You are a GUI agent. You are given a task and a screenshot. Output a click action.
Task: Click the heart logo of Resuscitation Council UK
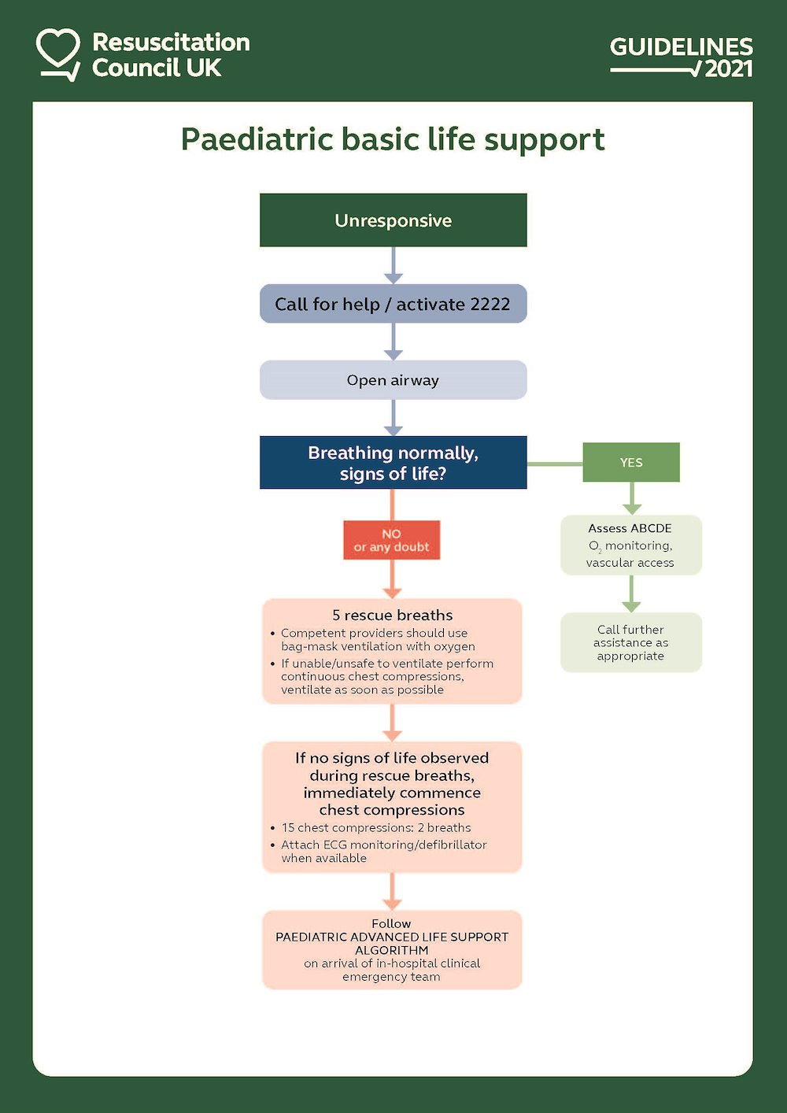(57, 53)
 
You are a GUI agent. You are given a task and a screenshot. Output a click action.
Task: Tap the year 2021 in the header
(729, 69)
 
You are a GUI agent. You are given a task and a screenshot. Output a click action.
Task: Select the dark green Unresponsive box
(393, 220)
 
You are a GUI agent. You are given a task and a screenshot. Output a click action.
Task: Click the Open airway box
(393, 380)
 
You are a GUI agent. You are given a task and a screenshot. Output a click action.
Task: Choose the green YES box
(630, 462)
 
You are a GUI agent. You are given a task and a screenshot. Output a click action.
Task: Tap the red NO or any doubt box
(391, 540)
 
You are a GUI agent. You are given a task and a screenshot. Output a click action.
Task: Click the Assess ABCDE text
(630, 528)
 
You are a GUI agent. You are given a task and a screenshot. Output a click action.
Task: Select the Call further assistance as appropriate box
(630, 642)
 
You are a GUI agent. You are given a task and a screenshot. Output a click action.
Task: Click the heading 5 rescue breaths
(392, 615)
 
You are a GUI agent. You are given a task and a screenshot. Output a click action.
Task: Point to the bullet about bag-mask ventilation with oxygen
(377, 639)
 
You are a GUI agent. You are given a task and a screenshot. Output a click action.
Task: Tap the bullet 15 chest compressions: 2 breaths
(375, 827)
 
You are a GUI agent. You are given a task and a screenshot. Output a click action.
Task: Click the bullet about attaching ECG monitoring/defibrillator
(383, 851)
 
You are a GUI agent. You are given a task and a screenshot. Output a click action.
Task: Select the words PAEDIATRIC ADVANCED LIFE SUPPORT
(391, 937)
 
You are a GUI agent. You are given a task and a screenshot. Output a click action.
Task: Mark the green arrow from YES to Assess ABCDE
(631, 498)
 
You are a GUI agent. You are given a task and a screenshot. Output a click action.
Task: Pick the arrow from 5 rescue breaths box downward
(392, 723)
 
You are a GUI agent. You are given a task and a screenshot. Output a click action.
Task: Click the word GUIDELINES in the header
(681, 46)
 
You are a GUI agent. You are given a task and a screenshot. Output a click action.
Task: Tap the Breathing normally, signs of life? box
(393, 463)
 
